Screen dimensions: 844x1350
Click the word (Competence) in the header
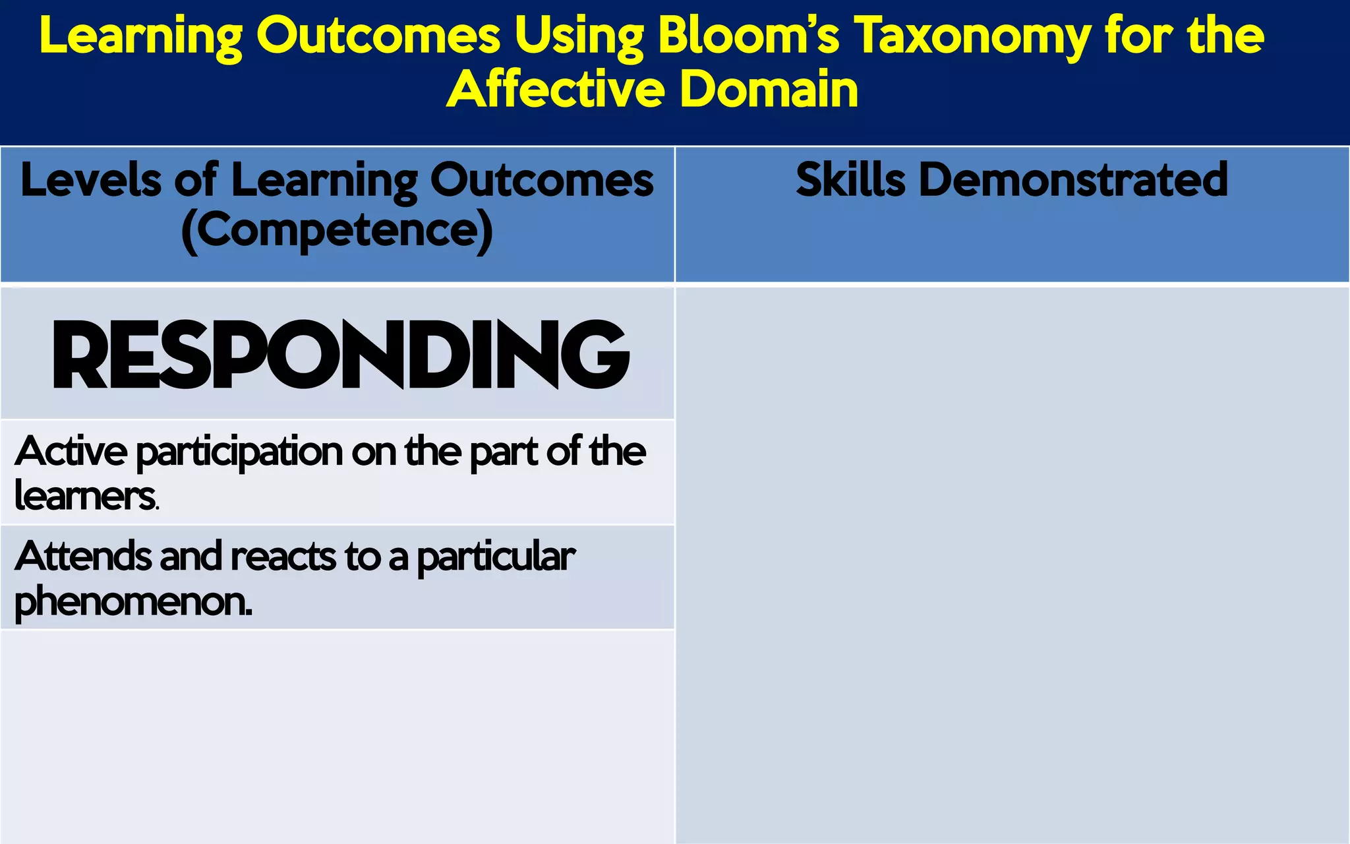pyautogui.click(x=337, y=230)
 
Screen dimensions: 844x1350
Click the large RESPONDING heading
pyautogui.click(x=340, y=355)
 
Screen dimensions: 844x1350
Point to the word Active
pyautogui.click(x=71, y=452)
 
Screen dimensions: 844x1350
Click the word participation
pyautogui.click(x=239, y=453)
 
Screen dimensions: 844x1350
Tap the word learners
pyautogui.click(x=86, y=496)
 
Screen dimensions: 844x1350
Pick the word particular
pyautogui.click(x=496, y=558)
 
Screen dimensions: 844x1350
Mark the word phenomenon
pyautogui.click(x=132, y=602)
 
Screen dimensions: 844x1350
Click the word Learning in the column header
pyautogui.click(x=324, y=181)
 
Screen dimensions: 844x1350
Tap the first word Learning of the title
pyautogui.click(x=141, y=36)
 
